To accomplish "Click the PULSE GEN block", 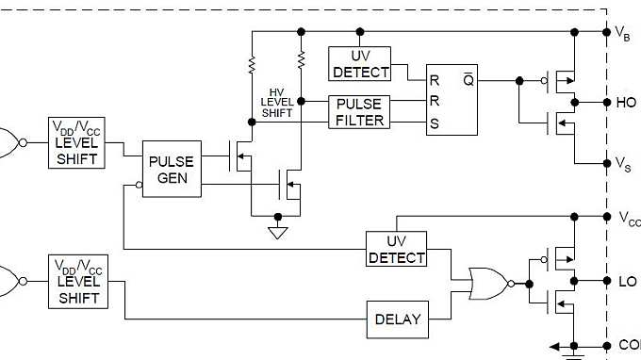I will click(x=172, y=170).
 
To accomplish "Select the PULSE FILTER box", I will click(x=358, y=111).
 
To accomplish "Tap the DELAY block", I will click(x=398, y=319).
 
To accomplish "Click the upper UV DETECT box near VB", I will click(x=358, y=63).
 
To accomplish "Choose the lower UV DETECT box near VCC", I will click(x=397, y=250).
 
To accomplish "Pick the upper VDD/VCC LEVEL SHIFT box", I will click(x=78, y=142).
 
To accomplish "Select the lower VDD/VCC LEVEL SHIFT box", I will click(x=78, y=280).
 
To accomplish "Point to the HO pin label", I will click(x=626, y=103).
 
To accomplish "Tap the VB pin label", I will click(x=623, y=33).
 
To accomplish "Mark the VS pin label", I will click(x=623, y=164).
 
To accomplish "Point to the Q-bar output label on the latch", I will click(x=468, y=80).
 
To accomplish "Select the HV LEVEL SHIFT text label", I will click(x=275, y=103).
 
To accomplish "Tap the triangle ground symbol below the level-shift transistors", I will click(x=277, y=232).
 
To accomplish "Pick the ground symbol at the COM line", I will click(x=573, y=353).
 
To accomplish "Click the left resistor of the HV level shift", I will click(x=252, y=64).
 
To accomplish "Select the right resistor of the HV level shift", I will click(x=301, y=60).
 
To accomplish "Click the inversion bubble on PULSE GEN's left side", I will click(x=139, y=186).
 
